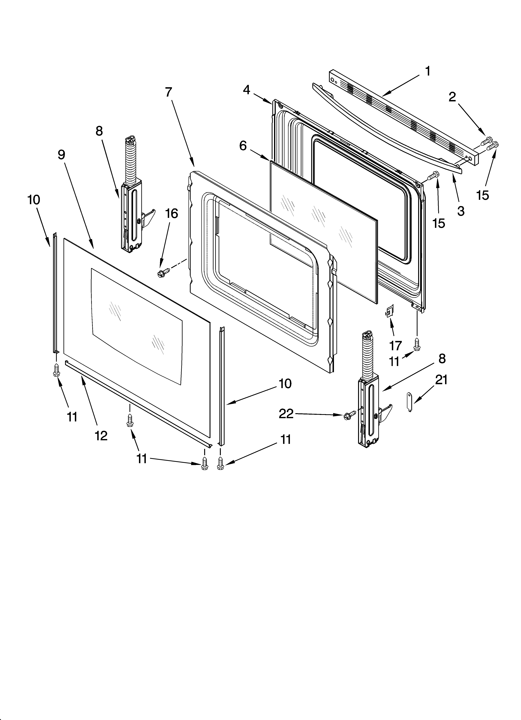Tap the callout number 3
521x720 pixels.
click(461, 211)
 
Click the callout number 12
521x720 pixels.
click(101, 436)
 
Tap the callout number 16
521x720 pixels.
click(172, 214)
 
